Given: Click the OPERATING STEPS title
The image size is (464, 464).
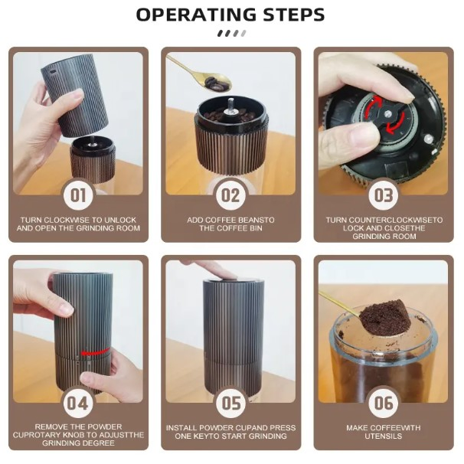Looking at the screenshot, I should (x=230, y=15).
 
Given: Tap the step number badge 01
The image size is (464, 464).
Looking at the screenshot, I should (x=78, y=194).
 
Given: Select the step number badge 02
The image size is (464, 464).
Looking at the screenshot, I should (x=230, y=194).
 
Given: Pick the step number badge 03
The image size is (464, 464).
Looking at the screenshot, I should (x=383, y=194).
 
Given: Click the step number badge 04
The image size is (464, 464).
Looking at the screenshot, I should (x=78, y=401).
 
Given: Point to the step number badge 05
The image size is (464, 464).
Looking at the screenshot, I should (x=230, y=401).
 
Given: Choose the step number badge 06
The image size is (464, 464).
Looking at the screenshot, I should (x=383, y=401).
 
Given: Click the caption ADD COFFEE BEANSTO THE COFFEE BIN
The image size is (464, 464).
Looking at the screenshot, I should (x=230, y=224).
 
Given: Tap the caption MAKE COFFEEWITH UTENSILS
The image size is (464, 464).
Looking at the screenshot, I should (x=383, y=431).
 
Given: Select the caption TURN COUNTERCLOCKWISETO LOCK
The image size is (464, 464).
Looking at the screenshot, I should (x=383, y=228).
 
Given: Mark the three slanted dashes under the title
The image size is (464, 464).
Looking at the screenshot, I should (x=231, y=33).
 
